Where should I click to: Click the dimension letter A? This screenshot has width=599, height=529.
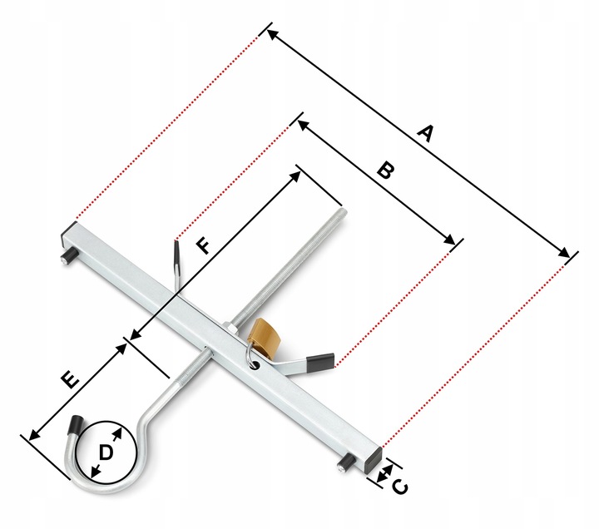426,133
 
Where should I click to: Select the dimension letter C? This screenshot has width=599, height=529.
399,487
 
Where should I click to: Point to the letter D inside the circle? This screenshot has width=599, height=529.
106,452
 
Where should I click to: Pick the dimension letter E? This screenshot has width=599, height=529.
70,380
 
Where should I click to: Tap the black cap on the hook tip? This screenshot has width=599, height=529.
75,426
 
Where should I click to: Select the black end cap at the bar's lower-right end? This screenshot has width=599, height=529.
374,457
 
